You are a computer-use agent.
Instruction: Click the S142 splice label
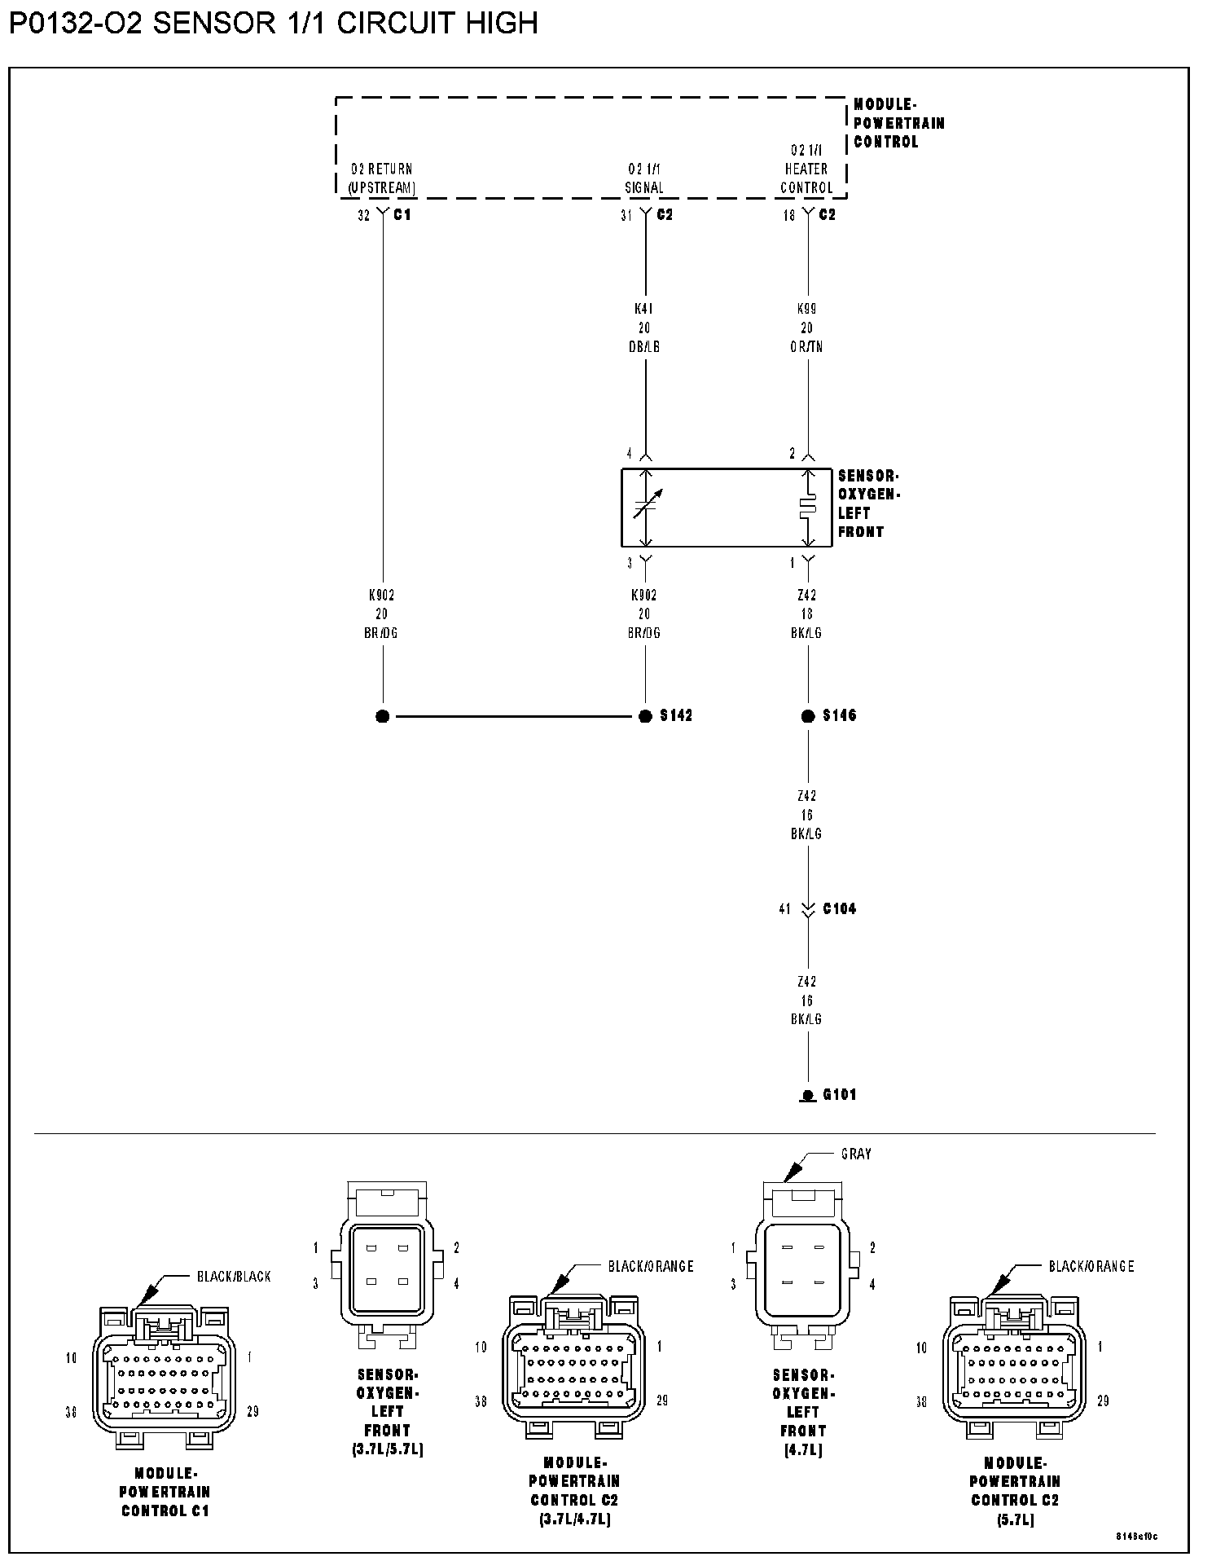(676, 715)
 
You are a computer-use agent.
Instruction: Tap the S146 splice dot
(808, 716)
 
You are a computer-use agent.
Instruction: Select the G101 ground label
(839, 1094)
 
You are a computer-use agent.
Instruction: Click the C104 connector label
(839, 908)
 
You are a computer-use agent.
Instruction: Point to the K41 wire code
(644, 309)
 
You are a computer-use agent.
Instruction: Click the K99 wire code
(807, 309)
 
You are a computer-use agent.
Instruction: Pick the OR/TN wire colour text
(807, 346)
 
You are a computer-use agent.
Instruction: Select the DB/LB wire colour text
(644, 346)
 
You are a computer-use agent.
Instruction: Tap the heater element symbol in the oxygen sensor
(808, 507)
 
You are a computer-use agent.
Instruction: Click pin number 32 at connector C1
(363, 216)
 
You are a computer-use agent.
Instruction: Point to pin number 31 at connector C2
(626, 216)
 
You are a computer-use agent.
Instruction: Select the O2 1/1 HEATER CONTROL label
(806, 169)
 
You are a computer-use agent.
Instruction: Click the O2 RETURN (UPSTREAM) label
(382, 178)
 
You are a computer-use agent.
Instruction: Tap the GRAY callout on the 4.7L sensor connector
(856, 1154)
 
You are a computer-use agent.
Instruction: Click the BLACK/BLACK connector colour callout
(234, 1276)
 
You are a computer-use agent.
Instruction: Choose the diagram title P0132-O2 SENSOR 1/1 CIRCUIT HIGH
(274, 23)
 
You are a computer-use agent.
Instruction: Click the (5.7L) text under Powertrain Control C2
(1015, 1520)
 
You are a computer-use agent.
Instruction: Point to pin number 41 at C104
(784, 908)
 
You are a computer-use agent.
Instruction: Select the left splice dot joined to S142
(383, 716)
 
